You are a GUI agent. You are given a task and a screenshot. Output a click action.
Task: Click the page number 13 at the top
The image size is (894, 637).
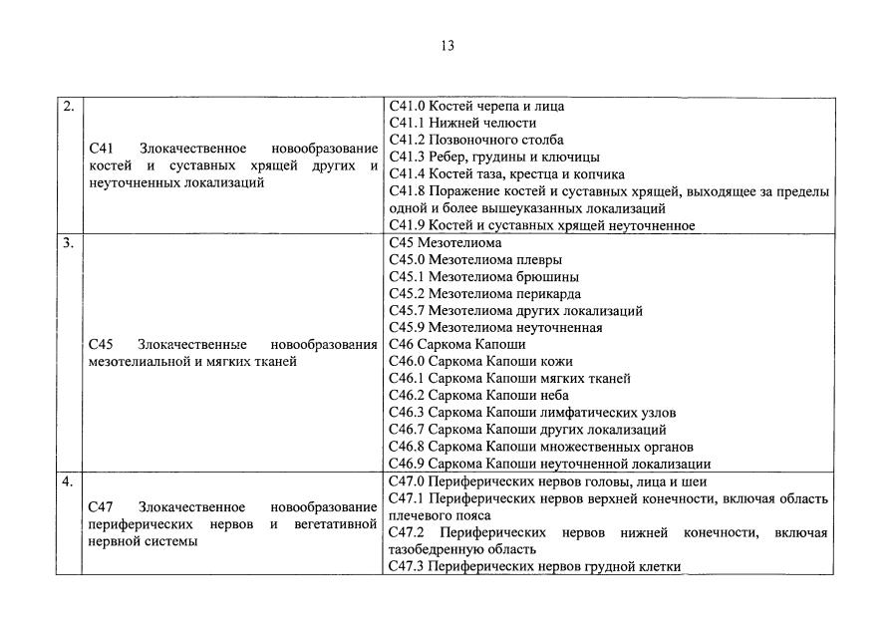coord(447,45)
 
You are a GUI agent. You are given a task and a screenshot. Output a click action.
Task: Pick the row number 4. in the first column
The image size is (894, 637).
coord(67,482)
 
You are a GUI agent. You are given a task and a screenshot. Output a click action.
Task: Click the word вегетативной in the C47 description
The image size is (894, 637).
coord(336,523)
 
